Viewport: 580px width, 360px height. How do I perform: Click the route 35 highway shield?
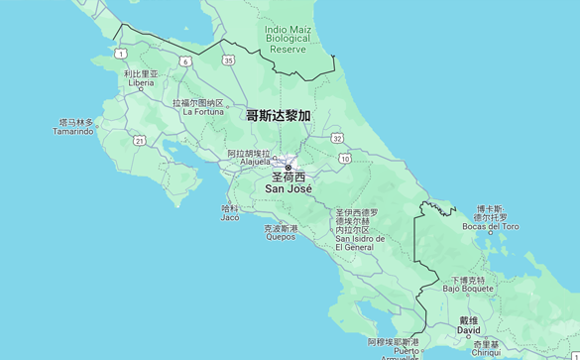pos(229,60)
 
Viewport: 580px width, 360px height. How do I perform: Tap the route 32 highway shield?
pos(338,138)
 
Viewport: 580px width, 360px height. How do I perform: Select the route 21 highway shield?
pos(140,141)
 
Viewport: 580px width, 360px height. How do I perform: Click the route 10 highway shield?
pos(344,159)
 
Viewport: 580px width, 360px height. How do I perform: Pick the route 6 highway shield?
pos(185,61)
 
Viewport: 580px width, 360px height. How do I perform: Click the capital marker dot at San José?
pos(289,167)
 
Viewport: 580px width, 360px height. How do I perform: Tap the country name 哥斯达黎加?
pos(278,116)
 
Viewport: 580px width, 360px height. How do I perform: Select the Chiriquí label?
pos(486,351)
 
